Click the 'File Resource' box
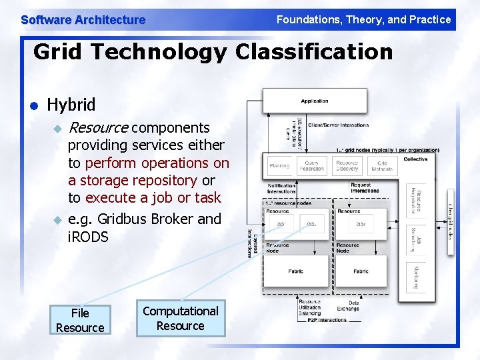tap(80, 320)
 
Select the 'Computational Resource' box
tap(181, 318)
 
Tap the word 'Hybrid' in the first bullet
tap(71, 105)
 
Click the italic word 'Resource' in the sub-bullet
tap(99, 127)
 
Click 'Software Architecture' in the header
tap(83, 20)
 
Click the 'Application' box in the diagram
tap(315, 101)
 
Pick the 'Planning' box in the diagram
tap(279, 166)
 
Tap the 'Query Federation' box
tap(311, 166)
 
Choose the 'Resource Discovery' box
tap(347, 166)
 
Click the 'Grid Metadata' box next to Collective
tap(381, 166)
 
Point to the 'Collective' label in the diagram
tap(415, 159)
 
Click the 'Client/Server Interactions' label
tap(338, 125)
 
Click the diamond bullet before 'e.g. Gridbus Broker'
tap(57, 219)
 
